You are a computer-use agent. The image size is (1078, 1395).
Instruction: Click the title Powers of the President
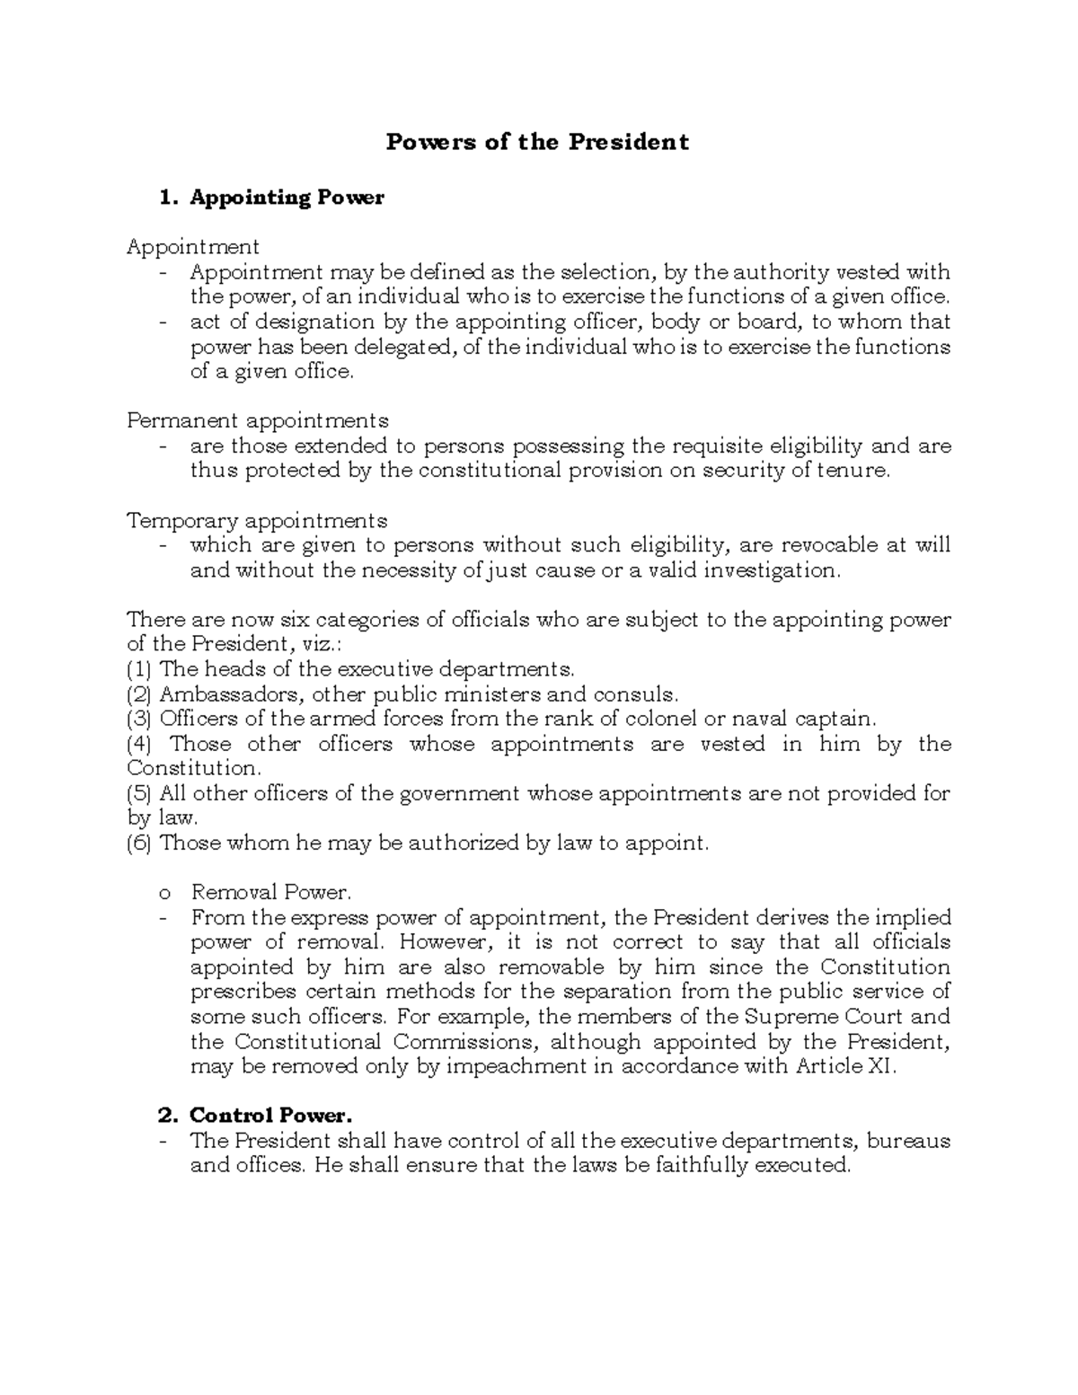[x=537, y=142]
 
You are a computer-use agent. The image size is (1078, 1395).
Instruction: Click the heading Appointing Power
[x=286, y=198]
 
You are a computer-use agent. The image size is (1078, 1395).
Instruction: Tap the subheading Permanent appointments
[x=258, y=420]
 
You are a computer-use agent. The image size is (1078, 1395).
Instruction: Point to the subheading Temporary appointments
[x=257, y=521]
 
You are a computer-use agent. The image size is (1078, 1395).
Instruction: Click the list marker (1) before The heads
[x=140, y=669]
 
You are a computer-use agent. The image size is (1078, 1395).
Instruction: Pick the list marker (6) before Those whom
[x=140, y=843]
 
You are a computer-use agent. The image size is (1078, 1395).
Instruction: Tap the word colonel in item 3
[x=667, y=719]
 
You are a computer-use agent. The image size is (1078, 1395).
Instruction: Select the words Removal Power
[x=271, y=893]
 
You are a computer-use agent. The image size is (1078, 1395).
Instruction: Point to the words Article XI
[x=844, y=1067]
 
